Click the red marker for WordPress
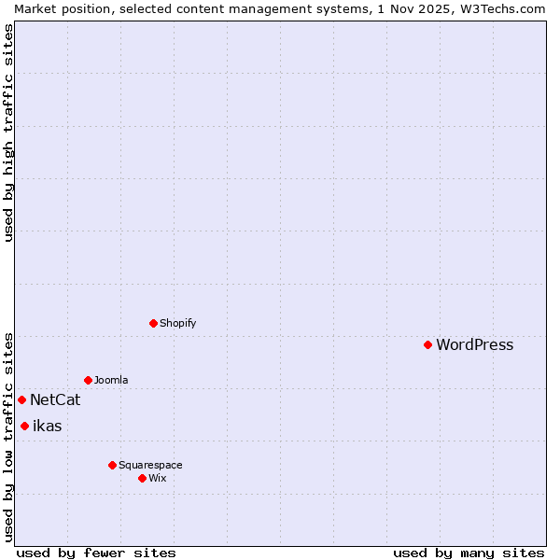coord(427,344)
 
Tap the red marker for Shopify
coord(153,323)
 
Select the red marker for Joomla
coord(88,380)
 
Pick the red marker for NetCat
coord(21,399)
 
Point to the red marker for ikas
coord(24,426)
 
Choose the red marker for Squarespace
coord(112,465)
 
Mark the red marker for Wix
coord(142,478)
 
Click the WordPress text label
coord(474,344)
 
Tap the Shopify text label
coord(177,323)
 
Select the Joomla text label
coord(111,380)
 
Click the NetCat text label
coord(55,400)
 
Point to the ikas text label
coord(47,427)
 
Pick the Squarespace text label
coord(150,465)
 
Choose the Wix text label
coord(157,478)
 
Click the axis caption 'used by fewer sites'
coord(96,553)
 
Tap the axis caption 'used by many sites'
coord(469,553)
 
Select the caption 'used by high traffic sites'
coord(8,133)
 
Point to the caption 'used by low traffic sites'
coord(8,436)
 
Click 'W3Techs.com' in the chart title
coord(497,8)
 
